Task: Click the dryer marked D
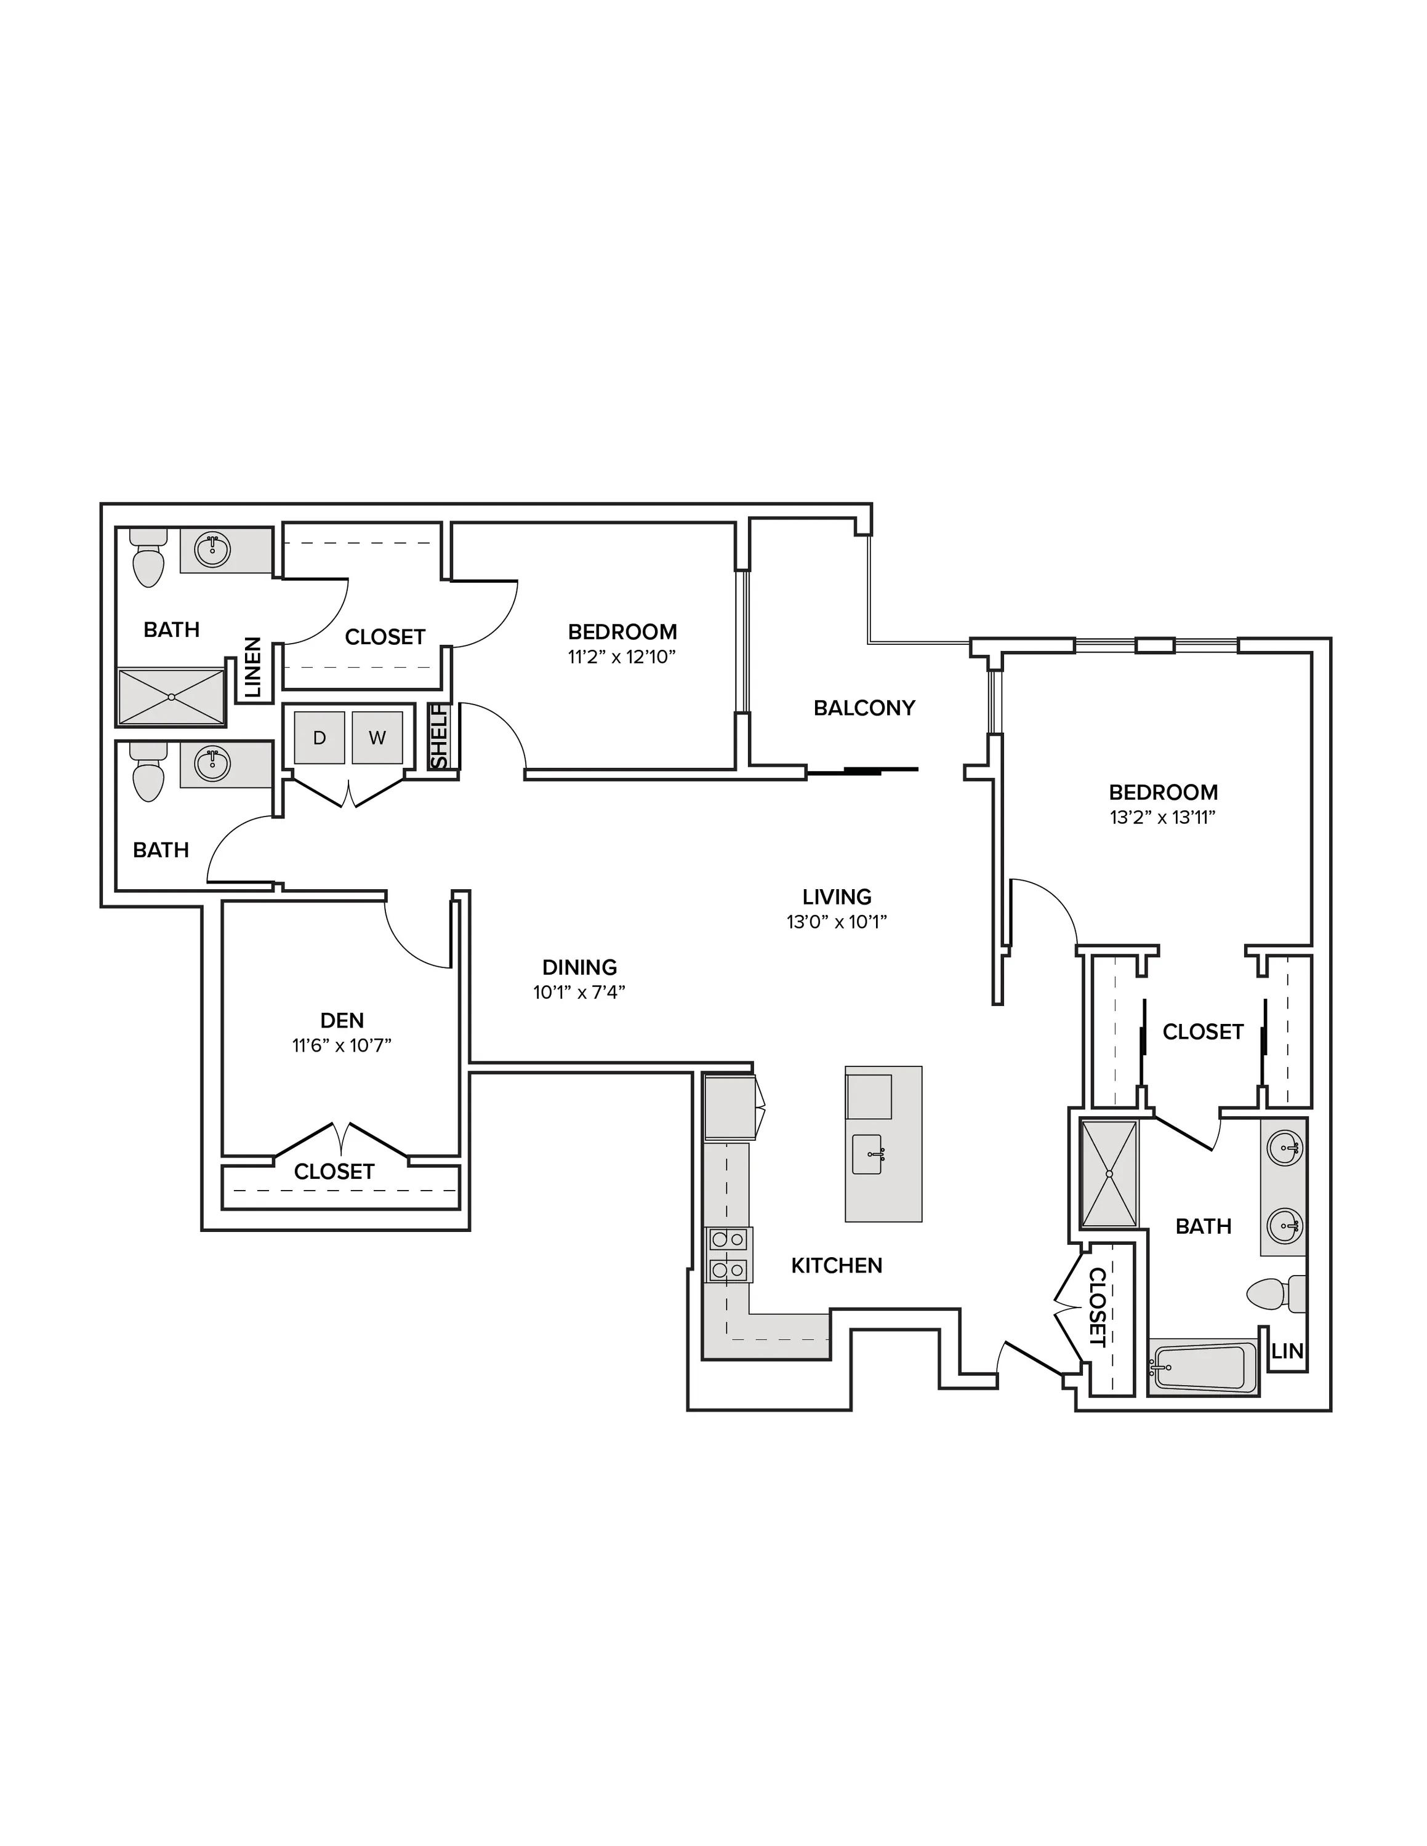(319, 738)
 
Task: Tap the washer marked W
(377, 738)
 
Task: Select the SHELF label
(440, 737)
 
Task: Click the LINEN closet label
(254, 667)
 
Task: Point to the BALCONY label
(864, 708)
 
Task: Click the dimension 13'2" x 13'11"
(1164, 817)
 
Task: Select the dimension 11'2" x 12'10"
(622, 657)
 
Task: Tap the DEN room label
(342, 1021)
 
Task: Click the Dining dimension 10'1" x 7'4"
(579, 991)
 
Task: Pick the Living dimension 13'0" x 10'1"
(837, 921)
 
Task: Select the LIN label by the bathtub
(1287, 1351)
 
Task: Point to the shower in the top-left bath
(172, 697)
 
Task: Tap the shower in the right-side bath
(1110, 1174)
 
